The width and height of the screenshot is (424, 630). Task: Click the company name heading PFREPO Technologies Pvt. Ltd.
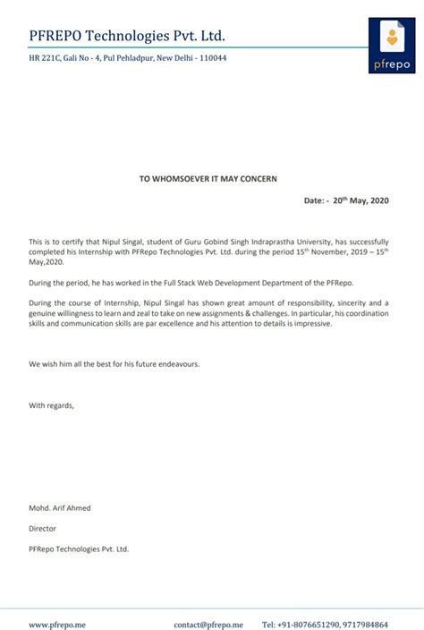(127, 36)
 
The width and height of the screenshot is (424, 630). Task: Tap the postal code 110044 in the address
(211, 58)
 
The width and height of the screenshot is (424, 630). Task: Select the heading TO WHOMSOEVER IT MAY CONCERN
(208, 179)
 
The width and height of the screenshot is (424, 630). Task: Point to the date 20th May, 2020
(361, 200)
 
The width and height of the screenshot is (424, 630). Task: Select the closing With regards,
(52, 405)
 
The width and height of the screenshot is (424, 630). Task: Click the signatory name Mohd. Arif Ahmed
(60, 508)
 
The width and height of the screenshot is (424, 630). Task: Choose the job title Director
(43, 528)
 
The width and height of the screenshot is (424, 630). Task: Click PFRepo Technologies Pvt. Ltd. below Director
(79, 549)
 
